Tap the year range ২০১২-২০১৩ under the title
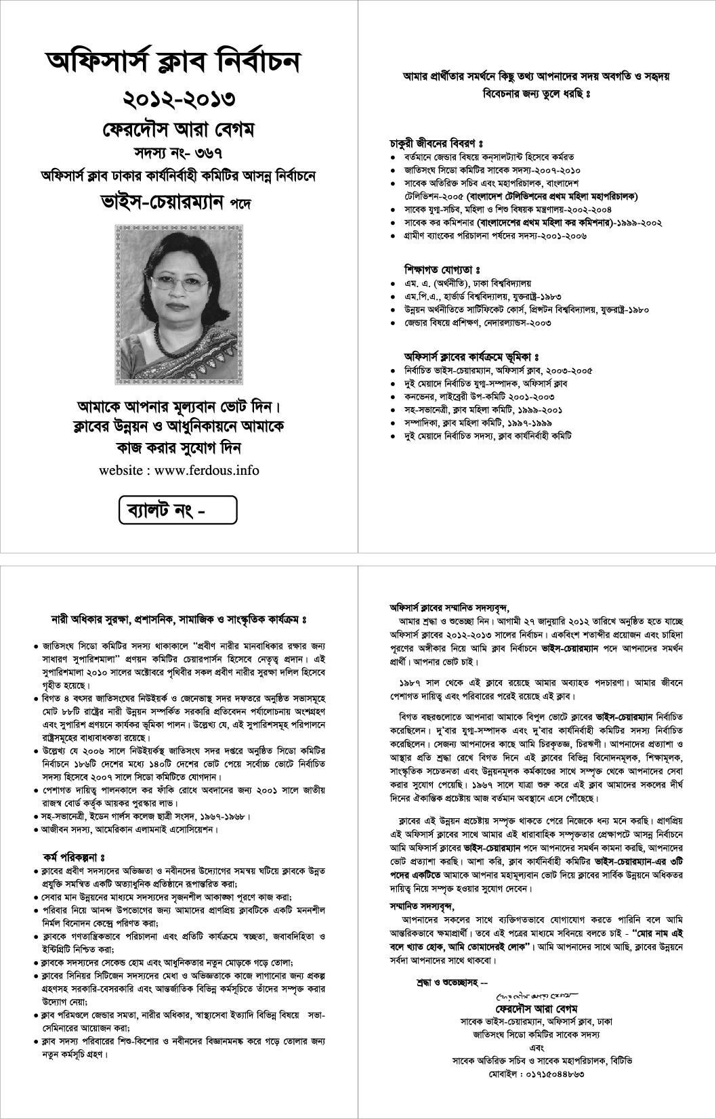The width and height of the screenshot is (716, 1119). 179,99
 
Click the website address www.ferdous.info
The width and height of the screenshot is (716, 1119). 207,470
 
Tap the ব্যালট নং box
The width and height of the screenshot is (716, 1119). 178,511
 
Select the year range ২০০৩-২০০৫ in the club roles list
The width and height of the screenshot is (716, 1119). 569,371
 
